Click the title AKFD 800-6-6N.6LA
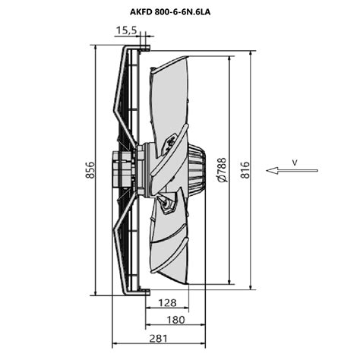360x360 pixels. [x=170, y=12]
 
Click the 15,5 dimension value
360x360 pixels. [x=127, y=30]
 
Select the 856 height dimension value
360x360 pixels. [x=90, y=170]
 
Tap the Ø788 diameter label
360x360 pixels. [x=222, y=170]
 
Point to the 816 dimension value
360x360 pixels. [x=245, y=170]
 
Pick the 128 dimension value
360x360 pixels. [x=167, y=302]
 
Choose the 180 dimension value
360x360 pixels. [x=175, y=320]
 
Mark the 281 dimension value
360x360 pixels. [x=158, y=339]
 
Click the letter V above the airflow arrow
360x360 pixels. [x=295, y=163]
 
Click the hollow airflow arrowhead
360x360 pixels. [x=272, y=171]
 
